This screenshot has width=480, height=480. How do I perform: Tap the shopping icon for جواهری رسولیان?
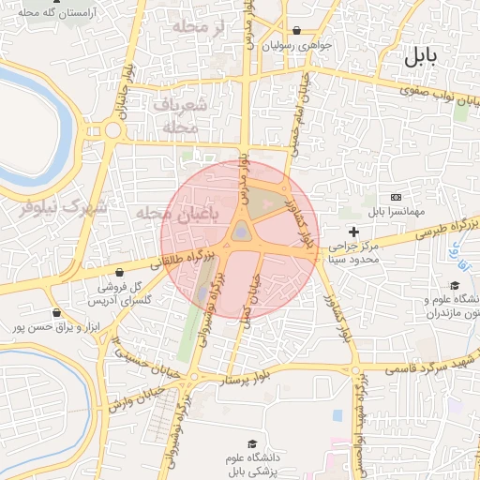point(297,30)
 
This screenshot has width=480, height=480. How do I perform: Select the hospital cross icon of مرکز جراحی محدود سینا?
point(353,231)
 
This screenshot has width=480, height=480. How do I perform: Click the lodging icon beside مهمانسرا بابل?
point(396,198)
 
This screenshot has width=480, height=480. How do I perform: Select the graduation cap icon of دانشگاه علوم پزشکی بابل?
point(251,443)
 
